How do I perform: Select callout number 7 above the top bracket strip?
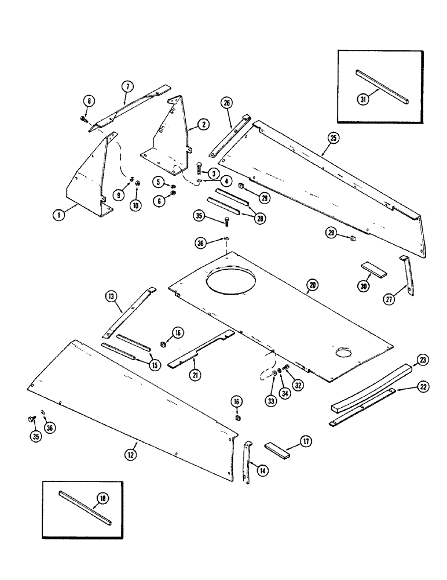click(127, 86)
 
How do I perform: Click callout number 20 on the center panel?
click(312, 285)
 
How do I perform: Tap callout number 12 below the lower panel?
click(131, 455)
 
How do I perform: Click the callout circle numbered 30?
click(364, 287)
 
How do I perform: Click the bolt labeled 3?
click(199, 168)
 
